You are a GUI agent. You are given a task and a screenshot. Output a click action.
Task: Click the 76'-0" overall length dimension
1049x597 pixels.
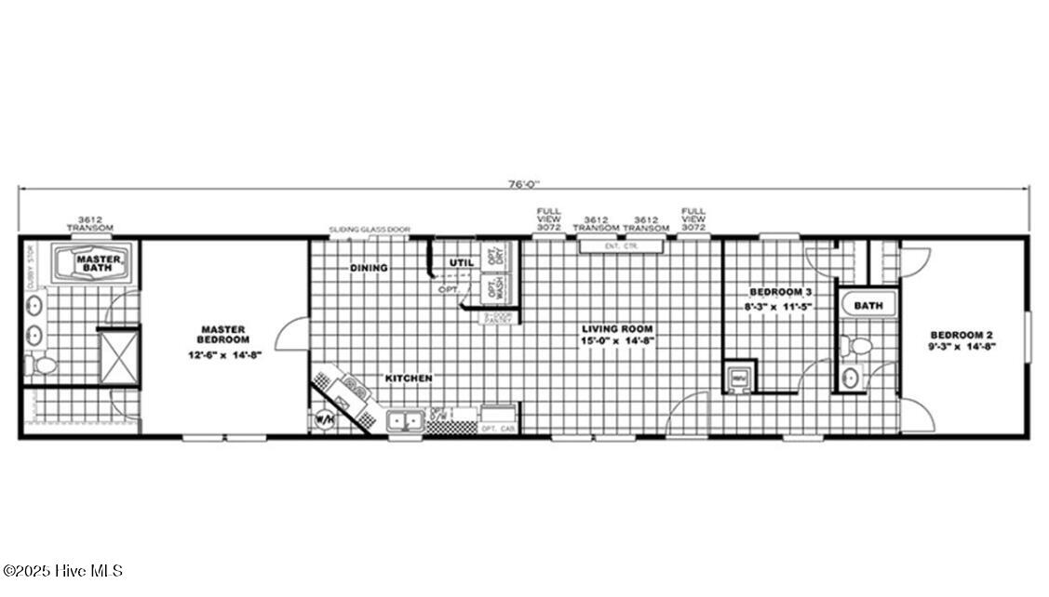524,183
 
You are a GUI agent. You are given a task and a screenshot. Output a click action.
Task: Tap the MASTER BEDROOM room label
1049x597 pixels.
223,335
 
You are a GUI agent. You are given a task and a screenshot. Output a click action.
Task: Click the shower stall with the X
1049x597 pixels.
118,356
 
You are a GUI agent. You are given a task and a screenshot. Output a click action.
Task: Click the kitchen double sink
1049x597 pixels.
405,421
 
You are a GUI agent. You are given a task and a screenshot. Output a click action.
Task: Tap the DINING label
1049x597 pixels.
369,268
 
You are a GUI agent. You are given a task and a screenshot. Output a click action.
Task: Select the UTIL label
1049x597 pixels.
462,263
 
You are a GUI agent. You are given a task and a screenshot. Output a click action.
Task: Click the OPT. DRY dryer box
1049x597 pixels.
494,257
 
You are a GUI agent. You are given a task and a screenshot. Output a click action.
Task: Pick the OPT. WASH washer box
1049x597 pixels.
494,287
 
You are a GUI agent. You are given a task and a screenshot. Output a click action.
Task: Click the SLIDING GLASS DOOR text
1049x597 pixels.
370,229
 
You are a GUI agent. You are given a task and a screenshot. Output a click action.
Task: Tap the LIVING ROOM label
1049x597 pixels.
617,328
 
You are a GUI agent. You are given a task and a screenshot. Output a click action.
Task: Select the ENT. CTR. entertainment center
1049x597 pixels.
620,245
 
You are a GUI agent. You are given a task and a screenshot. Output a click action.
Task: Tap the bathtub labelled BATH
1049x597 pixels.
867,304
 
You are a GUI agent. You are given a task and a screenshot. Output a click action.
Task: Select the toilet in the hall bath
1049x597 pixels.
858,346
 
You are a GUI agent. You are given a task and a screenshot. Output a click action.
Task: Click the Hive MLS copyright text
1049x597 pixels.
62,571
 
